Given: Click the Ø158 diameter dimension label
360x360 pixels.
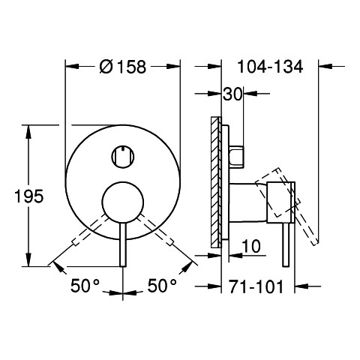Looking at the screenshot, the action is tap(123, 67).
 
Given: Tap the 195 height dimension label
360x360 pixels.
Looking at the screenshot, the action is tap(29, 196).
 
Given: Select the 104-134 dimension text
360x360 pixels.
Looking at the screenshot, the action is tap(270, 67).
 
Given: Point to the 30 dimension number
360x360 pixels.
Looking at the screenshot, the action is tap(232, 94).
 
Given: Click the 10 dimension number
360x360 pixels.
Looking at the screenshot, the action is tap(251, 246).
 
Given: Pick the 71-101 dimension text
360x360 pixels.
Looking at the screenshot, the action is tap(256, 286).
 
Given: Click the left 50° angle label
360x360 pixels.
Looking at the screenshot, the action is tap(85, 286).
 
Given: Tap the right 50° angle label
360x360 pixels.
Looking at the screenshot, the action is tap(162, 286).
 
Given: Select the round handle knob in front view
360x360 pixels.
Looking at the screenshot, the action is tap(123, 202).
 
